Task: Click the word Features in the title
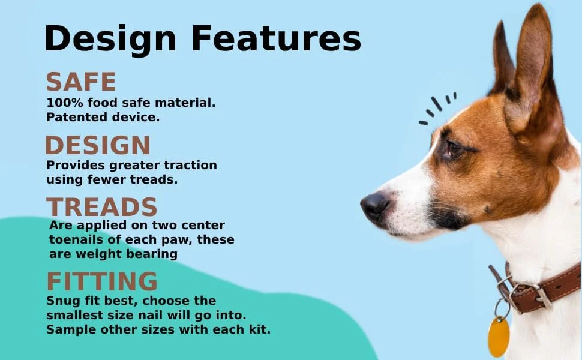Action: (276, 38)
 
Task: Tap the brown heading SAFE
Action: (81, 82)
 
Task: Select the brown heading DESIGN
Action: (98, 145)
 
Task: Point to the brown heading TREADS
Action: (102, 207)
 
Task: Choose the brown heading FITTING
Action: (102, 281)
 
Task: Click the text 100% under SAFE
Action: (65, 103)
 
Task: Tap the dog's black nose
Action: (375, 206)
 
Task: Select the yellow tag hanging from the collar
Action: (499, 337)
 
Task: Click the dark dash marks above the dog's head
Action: (437, 107)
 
